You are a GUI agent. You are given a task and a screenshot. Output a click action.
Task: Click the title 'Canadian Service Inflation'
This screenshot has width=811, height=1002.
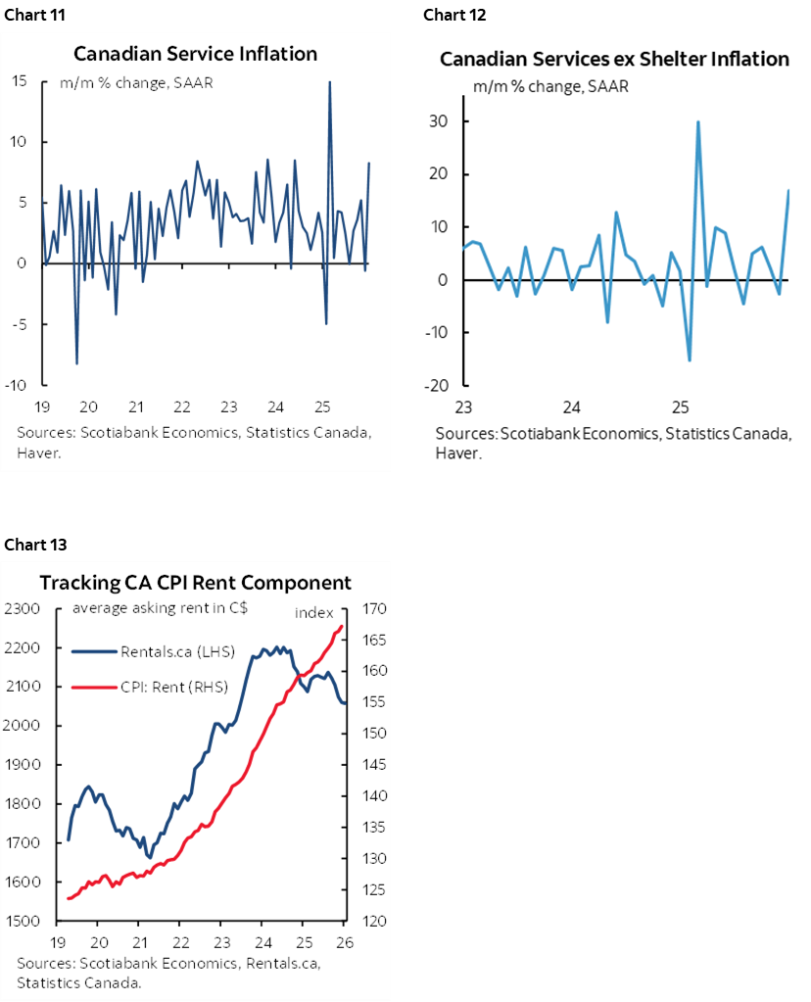(195, 54)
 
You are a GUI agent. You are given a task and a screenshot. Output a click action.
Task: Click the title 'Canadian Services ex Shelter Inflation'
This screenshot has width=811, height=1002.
(614, 60)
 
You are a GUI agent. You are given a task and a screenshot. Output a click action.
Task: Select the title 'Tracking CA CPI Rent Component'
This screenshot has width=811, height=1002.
(195, 583)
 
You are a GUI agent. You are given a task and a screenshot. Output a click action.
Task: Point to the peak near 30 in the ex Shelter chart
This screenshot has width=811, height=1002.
(697, 122)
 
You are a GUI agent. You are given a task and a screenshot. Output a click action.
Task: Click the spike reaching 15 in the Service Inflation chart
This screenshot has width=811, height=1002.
(329, 82)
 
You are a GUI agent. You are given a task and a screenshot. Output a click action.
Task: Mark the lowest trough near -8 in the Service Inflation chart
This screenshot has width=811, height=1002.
(76, 363)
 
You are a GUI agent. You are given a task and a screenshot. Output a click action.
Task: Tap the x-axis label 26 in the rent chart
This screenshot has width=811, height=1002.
(344, 942)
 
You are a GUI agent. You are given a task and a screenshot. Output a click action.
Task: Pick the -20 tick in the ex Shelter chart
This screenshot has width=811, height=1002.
(433, 385)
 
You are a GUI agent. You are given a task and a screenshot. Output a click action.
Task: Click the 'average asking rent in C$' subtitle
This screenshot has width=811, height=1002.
(159, 607)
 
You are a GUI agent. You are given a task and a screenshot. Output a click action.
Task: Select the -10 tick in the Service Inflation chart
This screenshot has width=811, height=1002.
(22, 385)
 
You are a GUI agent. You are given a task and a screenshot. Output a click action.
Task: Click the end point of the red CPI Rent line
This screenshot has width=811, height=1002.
(341, 626)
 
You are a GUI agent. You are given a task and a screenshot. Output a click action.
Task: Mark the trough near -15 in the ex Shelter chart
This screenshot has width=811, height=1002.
(689, 360)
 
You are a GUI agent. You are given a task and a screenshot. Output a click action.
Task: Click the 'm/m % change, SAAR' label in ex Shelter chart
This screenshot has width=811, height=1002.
(550, 86)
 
